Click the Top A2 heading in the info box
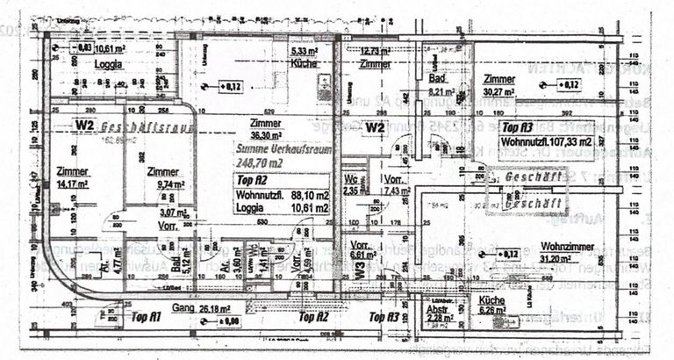point(252,180)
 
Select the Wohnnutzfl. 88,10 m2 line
point(283,195)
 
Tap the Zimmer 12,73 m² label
point(374,57)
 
